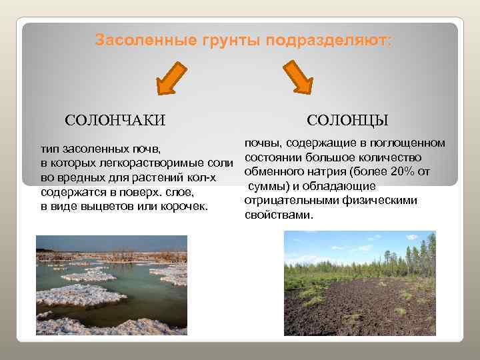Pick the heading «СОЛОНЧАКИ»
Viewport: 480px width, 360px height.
coord(115,120)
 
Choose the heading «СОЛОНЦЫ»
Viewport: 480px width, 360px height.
coord(348,120)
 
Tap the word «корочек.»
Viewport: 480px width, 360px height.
coord(185,207)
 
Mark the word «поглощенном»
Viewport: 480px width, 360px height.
coord(409,143)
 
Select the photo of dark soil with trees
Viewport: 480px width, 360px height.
coord(359,283)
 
